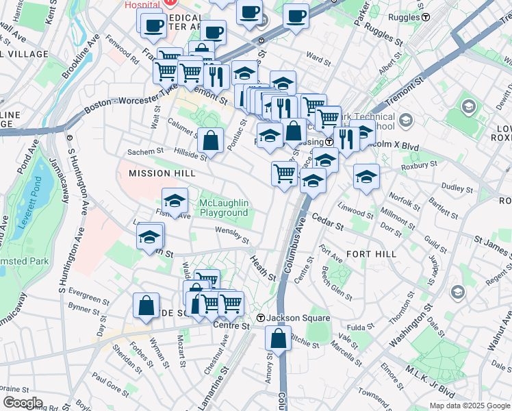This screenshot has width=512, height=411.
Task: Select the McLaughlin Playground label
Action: click(x=223, y=208)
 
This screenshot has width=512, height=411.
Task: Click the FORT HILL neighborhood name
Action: click(x=371, y=253)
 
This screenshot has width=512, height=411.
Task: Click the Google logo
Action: click(x=23, y=402)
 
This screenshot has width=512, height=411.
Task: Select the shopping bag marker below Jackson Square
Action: click(x=278, y=338)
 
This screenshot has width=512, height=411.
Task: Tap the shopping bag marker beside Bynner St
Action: click(x=146, y=306)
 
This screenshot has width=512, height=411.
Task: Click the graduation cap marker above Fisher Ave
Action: click(x=175, y=201)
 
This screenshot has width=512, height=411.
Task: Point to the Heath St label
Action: click(x=262, y=269)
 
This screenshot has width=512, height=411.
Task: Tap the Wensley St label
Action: click(x=231, y=235)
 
